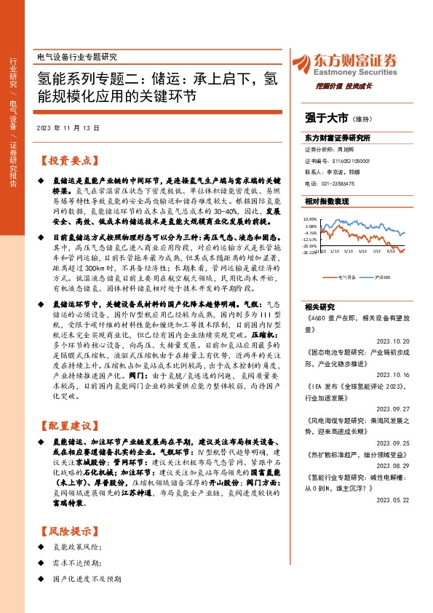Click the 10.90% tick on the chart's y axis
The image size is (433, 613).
tap(311, 219)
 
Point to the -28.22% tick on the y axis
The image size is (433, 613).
tap(311, 254)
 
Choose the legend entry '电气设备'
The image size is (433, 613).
tap(347, 277)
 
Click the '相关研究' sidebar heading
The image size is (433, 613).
tap(317, 306)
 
